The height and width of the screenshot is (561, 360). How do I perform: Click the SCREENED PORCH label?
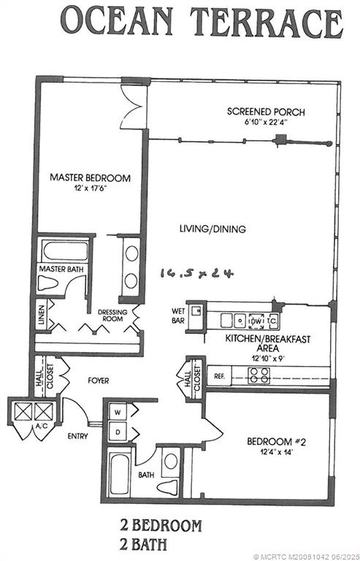[x=265, y=112]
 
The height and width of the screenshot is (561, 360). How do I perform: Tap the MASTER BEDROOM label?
[x=90, y=178]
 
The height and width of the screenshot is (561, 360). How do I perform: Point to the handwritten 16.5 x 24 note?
[x=196, y=272]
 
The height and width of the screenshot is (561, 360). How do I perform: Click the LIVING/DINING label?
[x=212, y=229]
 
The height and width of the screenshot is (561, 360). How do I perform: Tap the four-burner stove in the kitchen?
[x=259, y=375]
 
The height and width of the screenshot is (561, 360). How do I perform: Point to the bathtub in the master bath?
[x=65, y=251]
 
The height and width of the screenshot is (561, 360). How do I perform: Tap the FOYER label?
[x=98, y=380]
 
